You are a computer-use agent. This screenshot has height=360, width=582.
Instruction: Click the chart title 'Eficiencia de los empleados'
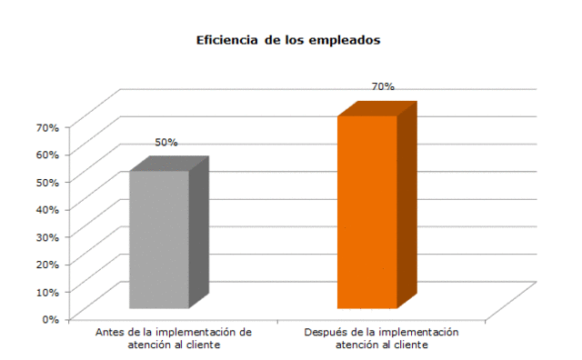tap(287, 41)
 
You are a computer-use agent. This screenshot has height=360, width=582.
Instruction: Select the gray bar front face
tap(158, 239)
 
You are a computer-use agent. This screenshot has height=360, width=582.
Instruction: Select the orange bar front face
tap(366, 212)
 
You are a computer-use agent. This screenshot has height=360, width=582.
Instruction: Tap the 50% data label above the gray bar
tap(166, 143)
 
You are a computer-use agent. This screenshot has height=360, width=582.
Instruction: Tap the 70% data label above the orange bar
tap(382, 86)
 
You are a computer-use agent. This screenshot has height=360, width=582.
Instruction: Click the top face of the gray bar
tap(169, 164)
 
